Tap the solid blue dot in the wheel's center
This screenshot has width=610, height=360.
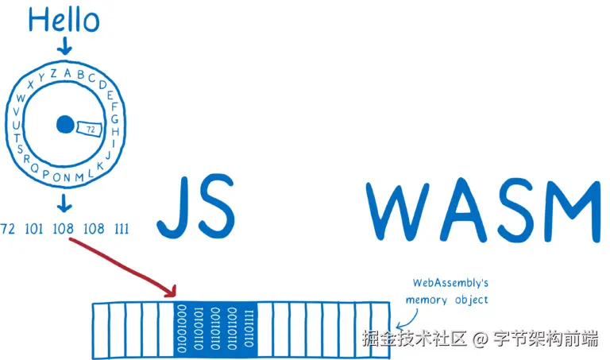coord(65,125)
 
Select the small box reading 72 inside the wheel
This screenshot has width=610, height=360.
coord(90,129)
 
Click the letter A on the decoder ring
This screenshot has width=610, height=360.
coord(68,73)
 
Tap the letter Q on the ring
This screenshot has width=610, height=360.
coord(33,168)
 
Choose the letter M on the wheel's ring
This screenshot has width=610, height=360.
coord(79,176)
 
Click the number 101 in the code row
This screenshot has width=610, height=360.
coord(34,230)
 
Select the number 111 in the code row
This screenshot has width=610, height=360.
coord(122,230)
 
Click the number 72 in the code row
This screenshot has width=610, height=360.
coord(9,230)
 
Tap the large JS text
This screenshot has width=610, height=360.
coord(195,206)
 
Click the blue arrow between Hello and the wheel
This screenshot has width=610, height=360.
coord(64,47)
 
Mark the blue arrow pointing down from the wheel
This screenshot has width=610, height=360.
coord(64,207)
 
